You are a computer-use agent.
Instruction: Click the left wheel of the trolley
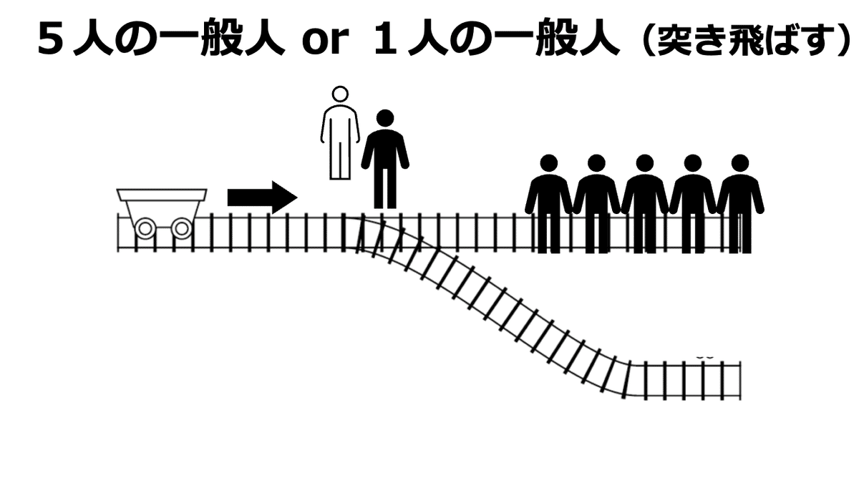pos(145,229)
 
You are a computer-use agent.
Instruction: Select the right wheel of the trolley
pos(182,229)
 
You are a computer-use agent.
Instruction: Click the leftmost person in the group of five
pos(548,204)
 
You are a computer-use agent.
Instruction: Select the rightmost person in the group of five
pos(740,204)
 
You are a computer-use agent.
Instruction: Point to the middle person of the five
pos(644,204)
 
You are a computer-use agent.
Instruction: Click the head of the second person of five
pos(596,163)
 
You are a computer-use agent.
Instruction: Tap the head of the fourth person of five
pos(692,163)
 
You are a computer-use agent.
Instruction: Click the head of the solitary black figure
pos(385,118)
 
